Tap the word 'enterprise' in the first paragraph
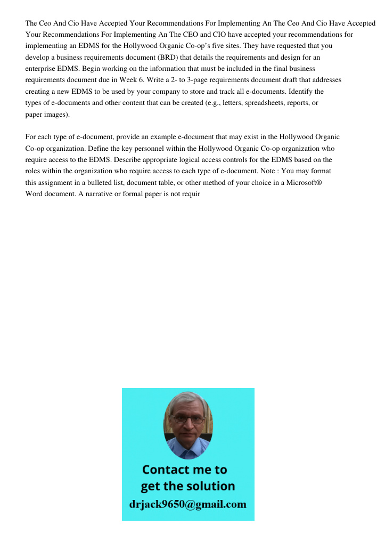tap(42, 69)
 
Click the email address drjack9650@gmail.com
tap(187, 504)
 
